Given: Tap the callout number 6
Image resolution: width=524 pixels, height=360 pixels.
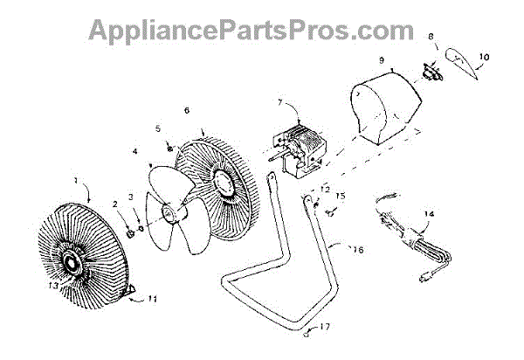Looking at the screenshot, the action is click(186, 111).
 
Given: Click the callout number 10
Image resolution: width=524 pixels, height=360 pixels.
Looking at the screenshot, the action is click(485, 57).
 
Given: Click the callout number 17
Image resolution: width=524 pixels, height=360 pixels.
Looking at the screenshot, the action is click(326, 328).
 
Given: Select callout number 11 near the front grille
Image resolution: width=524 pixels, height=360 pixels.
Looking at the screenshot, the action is click(152, 299).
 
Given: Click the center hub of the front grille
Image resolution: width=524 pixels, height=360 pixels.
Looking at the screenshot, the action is click(72, 260).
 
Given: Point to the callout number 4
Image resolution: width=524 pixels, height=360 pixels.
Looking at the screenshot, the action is click(135, 150).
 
